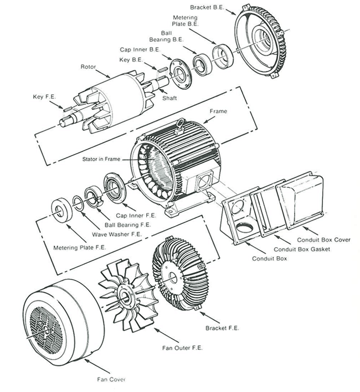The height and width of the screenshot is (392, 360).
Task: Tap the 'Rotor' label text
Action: [x=88, y=67]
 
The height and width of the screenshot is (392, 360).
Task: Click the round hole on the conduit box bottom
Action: [x=243, y=228]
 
